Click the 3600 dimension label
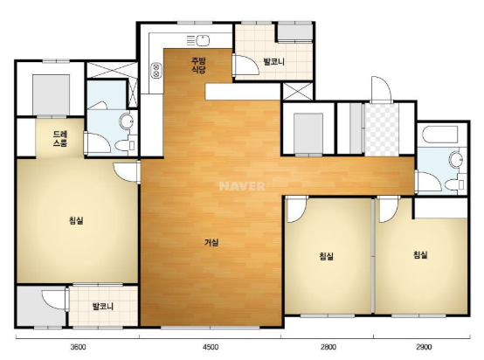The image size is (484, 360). point(78,347)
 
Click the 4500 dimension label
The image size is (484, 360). point(211,347)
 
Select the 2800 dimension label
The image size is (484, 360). point(328,347)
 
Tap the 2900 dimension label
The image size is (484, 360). point(424,347)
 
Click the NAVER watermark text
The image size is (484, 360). point(242,186)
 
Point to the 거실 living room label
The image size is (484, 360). point(211,243)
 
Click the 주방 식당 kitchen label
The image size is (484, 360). point(198,66)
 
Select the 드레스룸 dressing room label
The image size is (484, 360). point(60,139)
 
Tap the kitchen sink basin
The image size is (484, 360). point(203,40)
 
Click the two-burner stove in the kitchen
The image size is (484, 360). point(156,71)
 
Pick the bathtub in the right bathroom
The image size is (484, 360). point(439,135)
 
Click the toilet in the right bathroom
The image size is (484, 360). point(455,185)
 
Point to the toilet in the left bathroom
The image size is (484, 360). point(126,145)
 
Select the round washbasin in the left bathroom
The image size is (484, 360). point(127,121)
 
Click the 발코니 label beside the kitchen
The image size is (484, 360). point(273,62)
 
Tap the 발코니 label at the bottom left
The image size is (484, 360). point(103,307)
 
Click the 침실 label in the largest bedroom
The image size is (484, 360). point(76,220)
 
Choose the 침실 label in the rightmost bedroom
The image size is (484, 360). point(420,255)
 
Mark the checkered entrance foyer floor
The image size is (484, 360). point(382,130)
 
